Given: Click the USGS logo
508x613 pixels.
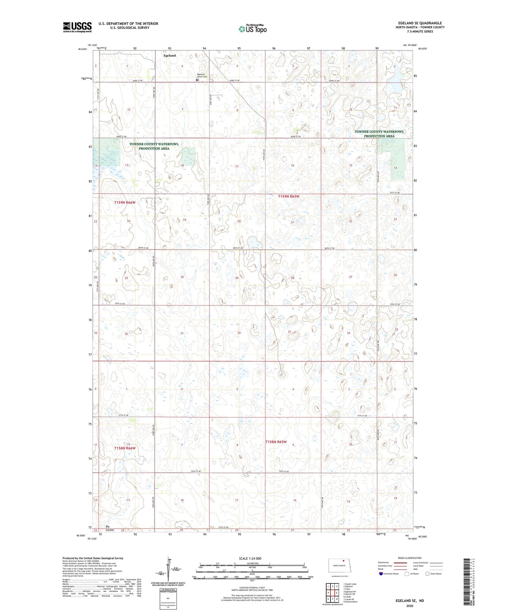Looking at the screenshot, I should pyautogui.click(x=77, y=27).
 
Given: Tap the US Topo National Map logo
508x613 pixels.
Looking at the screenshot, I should pyautogui.click(x=252, y=28).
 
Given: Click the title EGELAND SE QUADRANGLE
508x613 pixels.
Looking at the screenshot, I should pyautogui.click(x=420, y=23).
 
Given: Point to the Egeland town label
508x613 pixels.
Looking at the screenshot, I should pyautogui.click(x=169, y=55).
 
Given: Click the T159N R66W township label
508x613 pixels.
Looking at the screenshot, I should pyautogui.click(x=124, y=203).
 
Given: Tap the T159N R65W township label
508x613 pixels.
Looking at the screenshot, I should pyautogui.click(x=289, y=197).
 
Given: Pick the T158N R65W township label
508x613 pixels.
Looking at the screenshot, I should pyautogui.click(x=276, y=442).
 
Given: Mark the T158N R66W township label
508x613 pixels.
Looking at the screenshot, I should pyautogui.click(x=124, y=448).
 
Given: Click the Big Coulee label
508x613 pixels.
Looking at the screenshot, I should pyautogui.click(x=110, y=528).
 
